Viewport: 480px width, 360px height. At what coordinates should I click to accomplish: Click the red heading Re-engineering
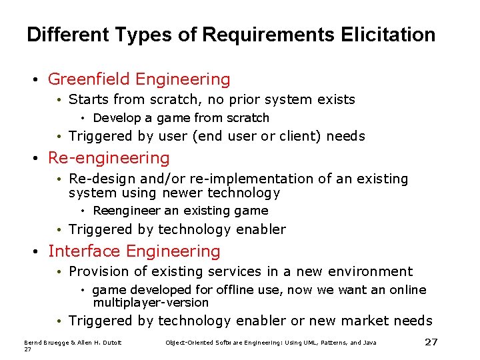(x=109, y=158)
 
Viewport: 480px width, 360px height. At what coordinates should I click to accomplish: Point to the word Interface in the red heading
(x=84, y=251)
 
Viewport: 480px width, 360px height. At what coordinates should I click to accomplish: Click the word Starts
(x=89, y=100)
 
